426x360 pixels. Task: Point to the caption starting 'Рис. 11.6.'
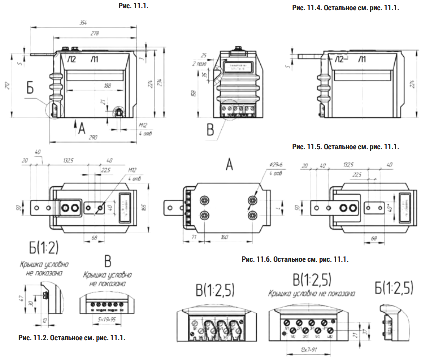tap(294, 259)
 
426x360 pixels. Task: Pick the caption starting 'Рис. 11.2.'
tap(72, 338)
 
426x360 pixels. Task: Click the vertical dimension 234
tap(159, 82)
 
